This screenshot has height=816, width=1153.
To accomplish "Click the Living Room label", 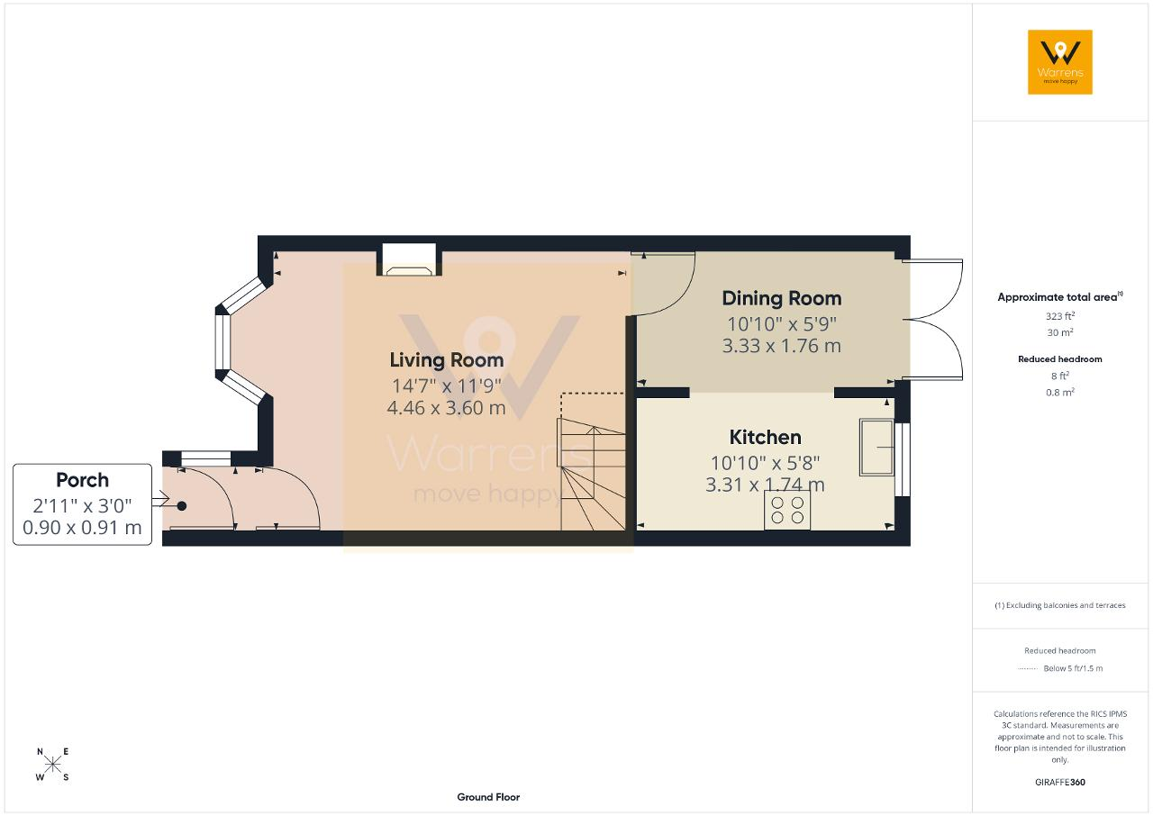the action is pyautogui.click(x=446, y=360).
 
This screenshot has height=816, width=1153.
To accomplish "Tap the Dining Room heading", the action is pyautogui.click(x=781, y=298).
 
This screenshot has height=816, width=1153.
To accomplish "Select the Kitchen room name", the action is pyautogui.click(x=765, y=438).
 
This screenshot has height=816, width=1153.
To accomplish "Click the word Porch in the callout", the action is pyautogui.click(x=82, y=480).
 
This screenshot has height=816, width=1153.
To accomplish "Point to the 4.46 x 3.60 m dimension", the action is pyautogui.click(x=446, y=408).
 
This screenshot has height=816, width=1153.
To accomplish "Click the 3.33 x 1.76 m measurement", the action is pyautogui.click(x=781, y=346).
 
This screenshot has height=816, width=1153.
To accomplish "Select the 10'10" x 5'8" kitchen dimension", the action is pyautogui.click(x=765, y=463).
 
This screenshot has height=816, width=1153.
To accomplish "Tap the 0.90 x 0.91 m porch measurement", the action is pyautogui.click(x=82, y=528).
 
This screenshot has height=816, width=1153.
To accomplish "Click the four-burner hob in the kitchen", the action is pyautogui.click(x=787, y=510).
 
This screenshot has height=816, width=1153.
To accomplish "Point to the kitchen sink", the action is pyautogui.click(x=876, y=447).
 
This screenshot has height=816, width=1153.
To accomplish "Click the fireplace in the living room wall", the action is pyautogui.click(x=409, y=259).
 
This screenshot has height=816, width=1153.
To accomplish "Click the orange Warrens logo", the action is pyautogui.click(x=1060, y=62).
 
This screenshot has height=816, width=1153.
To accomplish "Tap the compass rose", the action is pyautogui.click(x=52, y=765).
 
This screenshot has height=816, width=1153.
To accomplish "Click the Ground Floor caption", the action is pyautogui.click(x=488, y=797).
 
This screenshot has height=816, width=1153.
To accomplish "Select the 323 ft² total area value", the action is pyautogui.click(x=1060, y=316).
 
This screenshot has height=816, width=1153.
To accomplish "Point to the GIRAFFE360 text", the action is pyautogui.click(x=1060, y=782).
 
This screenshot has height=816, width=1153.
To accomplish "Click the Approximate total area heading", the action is pyautogui.click(x=1060, y=297).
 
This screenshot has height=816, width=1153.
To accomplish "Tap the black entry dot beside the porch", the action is pyautogui.click(x=182, y=506).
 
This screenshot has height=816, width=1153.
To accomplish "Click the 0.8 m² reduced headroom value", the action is pyautogui.click(x=1060, y=392).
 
